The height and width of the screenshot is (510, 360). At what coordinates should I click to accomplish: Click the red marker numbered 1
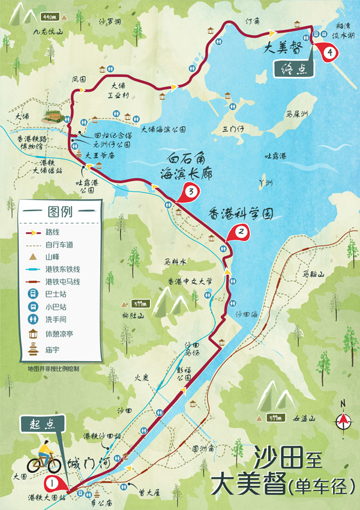coord(53,482)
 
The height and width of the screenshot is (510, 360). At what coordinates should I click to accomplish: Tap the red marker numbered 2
coord(241,231)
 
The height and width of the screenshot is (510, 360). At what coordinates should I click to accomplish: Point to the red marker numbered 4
coord(329,52)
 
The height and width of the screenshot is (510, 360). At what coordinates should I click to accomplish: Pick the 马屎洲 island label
coord(297,113)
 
